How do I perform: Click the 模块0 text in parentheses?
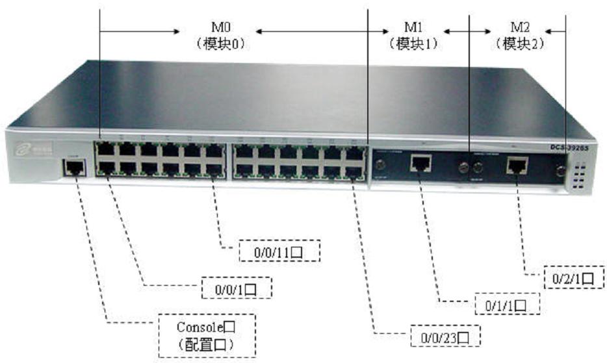(218, 45)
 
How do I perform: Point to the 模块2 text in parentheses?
(519, 45)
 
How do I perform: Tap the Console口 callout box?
(207, 335)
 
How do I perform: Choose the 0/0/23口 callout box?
(446, 336)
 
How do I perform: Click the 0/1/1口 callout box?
(509, 304)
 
